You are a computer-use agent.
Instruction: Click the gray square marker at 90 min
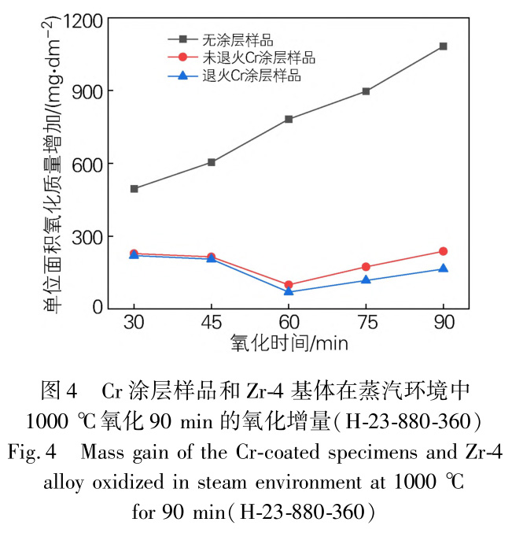click(x=443, y=46)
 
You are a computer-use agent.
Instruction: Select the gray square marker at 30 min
click(x=134, y=189)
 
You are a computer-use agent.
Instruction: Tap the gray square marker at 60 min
click(x=289, y=120)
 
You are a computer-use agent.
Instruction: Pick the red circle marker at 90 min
click(x=443, y=251)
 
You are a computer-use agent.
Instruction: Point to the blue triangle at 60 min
click(x=289, y=291)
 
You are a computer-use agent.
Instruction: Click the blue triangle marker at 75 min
click(x=366, y=279)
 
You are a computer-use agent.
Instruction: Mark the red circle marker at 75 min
click(x=366, y=267)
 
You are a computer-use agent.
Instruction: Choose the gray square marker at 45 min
click(x=212, y=162)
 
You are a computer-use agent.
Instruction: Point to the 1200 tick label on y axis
click(x=87, y=19)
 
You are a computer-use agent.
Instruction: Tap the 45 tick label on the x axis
click(x=212, y=323)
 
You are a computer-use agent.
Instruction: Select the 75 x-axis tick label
click(x=366, y=323)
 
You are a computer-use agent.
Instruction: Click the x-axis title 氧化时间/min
click(x=289, y=343)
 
